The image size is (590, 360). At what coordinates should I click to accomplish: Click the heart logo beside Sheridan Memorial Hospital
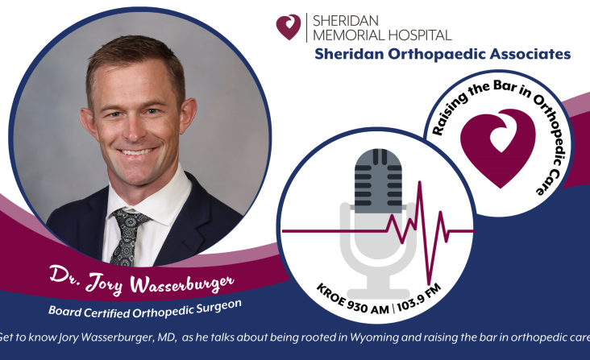pos(289,27)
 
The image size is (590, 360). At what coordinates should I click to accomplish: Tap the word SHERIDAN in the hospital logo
pos(340,21)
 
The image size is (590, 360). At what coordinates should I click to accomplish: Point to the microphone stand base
pos(378,294)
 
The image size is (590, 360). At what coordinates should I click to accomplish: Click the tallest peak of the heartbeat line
pos(420,182)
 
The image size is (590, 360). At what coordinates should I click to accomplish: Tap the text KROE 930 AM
pos(352,300)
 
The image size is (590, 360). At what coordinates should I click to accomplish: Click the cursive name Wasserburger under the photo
pos(182,283)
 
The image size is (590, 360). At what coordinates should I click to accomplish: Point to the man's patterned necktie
pos(127,236)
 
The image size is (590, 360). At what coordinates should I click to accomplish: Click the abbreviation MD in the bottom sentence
pos(167,337)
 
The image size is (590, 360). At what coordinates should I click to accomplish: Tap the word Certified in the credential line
pos(107,313)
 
